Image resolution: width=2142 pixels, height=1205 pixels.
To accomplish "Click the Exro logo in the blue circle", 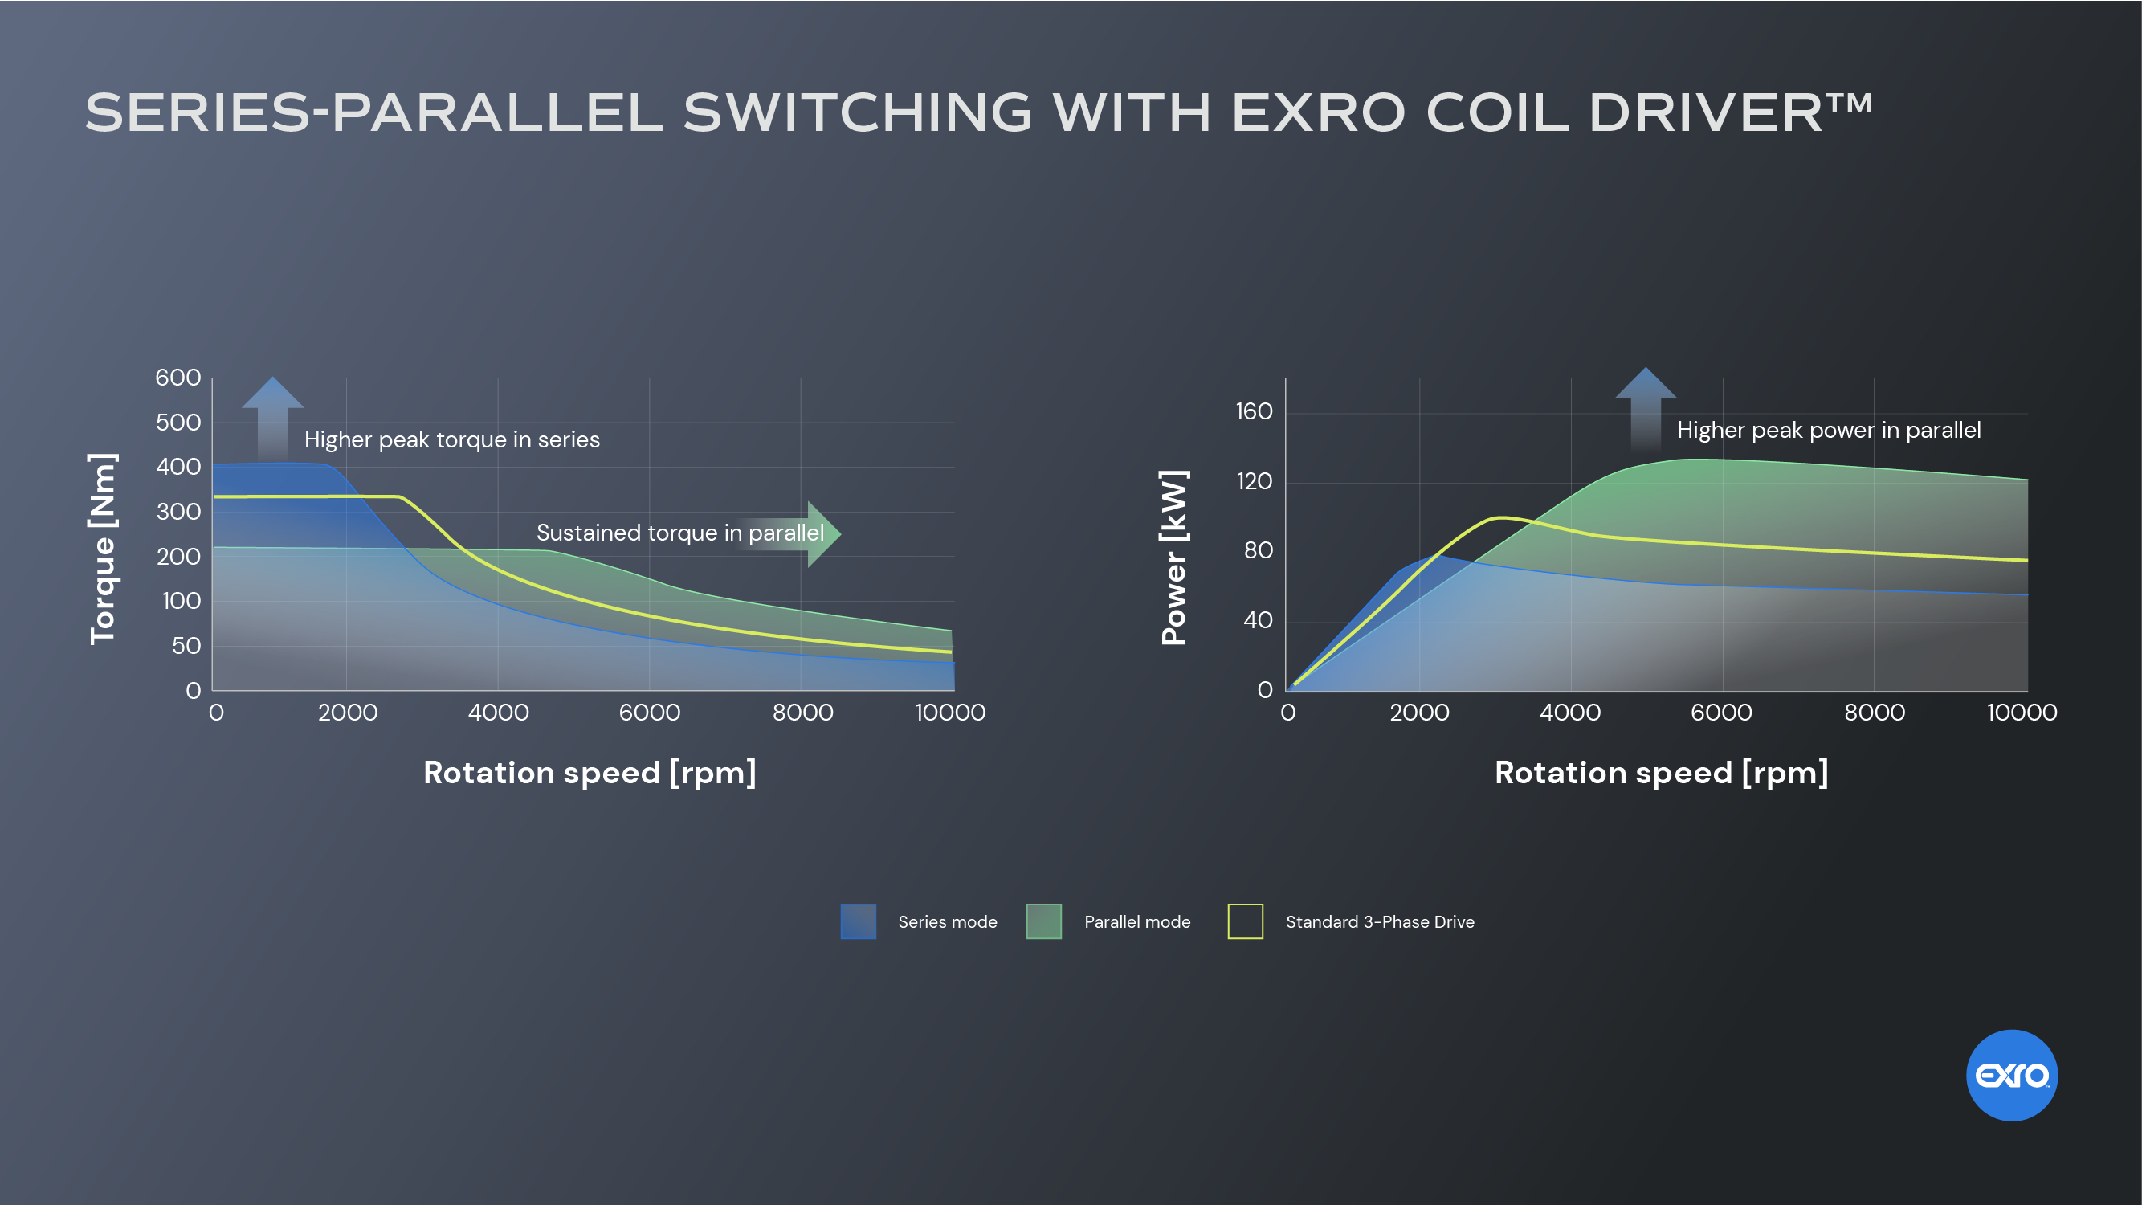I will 2010,1076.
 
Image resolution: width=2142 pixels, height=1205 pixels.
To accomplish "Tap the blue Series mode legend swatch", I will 858,921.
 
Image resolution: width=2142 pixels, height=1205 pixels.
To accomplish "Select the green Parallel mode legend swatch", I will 1043,921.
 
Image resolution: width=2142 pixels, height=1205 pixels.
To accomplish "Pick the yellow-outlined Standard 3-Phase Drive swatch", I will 1245,921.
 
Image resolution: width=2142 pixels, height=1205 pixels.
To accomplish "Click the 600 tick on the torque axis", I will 178,378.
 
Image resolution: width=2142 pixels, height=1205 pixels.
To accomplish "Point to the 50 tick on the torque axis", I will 186,645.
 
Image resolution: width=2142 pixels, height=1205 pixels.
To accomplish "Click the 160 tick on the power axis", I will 1254,411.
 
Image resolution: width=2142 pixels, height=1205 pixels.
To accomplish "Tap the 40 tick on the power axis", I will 1257,620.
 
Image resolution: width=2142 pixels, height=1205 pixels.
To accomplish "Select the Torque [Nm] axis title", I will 103,549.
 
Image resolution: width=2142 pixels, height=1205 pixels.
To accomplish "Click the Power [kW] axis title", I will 1174,558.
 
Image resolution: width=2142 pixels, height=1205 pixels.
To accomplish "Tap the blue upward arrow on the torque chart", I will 273,416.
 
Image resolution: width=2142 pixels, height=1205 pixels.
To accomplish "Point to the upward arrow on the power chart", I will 1646,407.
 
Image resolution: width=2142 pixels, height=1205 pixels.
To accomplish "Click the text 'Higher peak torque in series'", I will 451,440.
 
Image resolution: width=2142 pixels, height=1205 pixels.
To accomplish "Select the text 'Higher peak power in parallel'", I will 1829,430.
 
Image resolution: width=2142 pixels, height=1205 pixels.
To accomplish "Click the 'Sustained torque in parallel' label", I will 679,533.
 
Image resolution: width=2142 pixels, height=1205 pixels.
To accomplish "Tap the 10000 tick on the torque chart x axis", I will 949,713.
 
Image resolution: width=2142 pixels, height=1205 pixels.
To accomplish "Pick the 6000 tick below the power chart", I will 1720,713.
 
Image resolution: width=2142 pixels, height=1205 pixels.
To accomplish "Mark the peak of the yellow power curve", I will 1499,517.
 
